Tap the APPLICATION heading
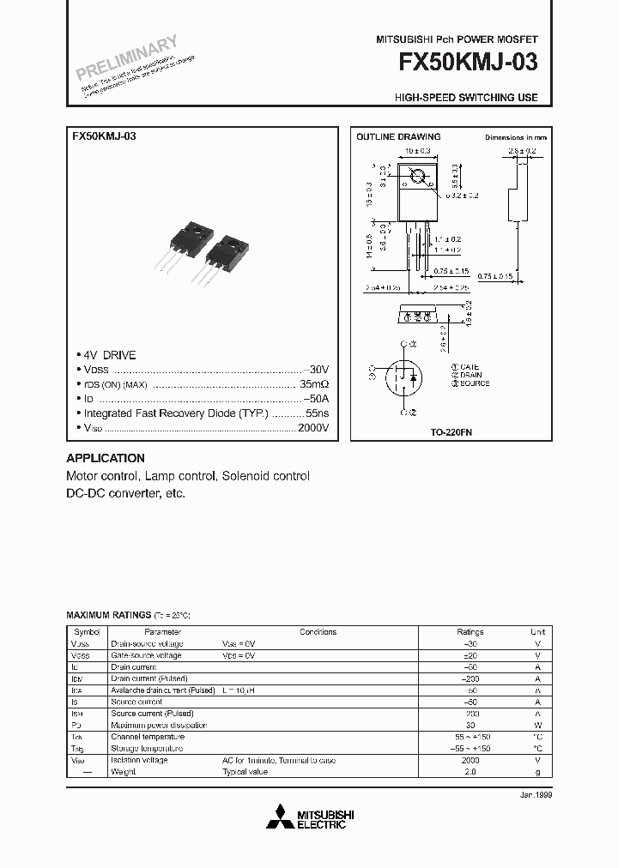pos(106,458)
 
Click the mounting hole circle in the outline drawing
pos(418,178)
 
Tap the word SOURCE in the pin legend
pos(475,383)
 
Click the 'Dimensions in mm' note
pos(515,137)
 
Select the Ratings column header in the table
pos(470,632)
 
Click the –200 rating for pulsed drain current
pos(470,678)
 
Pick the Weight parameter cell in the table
pos(124,772)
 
